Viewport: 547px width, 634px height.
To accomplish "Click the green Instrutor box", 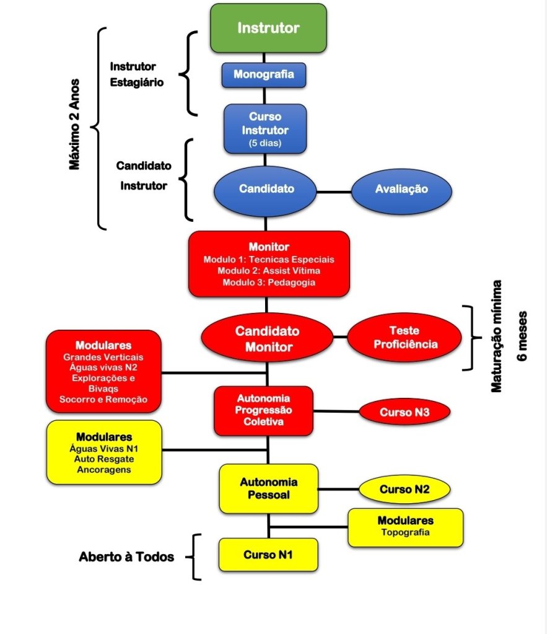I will (268, 28).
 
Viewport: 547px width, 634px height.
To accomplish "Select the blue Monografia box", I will (264, 75).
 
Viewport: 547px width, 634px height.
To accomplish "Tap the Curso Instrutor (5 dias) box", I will (265, 128).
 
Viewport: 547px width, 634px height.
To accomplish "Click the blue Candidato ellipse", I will (266, 189).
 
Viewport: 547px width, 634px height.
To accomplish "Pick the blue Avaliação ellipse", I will (401, 189).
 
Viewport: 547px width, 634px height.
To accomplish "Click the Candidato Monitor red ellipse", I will (267, 339).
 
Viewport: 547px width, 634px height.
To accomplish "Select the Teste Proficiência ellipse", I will (405, 338).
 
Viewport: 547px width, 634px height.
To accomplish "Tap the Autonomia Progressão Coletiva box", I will (264, 410).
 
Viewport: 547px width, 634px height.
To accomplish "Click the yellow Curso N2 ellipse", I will (405, 490).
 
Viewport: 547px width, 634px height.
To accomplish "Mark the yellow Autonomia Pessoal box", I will (269, 488).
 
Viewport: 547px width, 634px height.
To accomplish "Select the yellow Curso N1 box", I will (268, 554).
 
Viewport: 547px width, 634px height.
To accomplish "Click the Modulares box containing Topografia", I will (405, 527).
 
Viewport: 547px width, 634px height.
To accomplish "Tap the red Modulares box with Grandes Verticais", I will (103, 371).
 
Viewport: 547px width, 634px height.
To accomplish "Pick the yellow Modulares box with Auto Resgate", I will (103, 451).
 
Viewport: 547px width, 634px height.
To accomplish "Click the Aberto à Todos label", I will (126, 557).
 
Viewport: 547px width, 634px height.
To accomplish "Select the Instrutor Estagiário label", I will (137, 74).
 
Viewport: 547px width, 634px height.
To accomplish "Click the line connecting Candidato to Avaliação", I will (335, 190).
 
